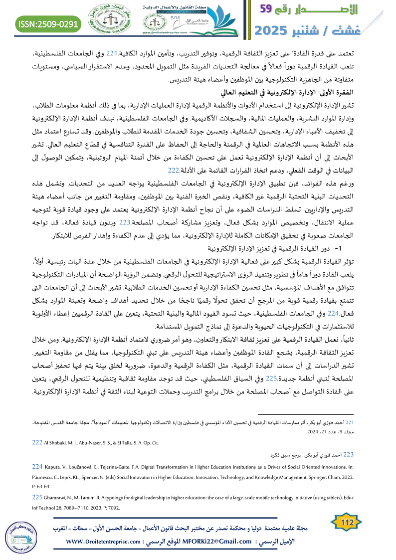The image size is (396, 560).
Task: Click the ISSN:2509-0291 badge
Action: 48,23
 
